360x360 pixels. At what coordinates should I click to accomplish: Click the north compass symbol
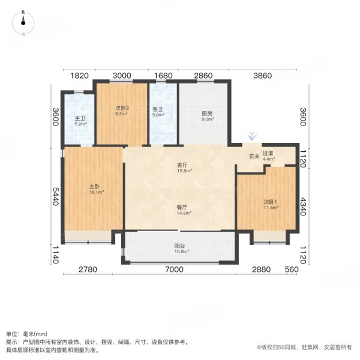[23, 23]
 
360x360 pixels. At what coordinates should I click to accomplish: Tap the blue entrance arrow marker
[252, 136]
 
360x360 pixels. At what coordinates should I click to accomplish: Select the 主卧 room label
[94, 187]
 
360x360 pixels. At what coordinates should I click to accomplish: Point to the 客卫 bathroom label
[157, 109]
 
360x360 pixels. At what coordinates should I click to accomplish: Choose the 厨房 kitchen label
[207, 113]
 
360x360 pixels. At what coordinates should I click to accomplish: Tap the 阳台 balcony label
[179, 246]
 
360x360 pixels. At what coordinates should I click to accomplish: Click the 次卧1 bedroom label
[270, 202]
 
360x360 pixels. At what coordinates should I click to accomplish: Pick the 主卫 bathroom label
[80, 118]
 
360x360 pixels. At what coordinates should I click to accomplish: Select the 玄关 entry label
[254, 157]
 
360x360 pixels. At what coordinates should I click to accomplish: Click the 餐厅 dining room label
[182, 208]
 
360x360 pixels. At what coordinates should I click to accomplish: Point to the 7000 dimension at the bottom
[174, 269]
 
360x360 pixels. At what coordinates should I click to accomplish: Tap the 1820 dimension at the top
[79, 76]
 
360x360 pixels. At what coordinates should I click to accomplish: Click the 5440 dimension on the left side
[56, 196]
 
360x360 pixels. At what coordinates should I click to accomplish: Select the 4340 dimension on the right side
[303, 206]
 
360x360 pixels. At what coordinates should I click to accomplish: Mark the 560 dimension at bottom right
[292, 269]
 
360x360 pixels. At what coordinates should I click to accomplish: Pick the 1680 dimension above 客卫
[163, 76]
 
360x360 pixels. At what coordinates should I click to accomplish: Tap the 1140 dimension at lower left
[56, 255]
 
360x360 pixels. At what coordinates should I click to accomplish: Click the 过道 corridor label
[268, 153]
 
